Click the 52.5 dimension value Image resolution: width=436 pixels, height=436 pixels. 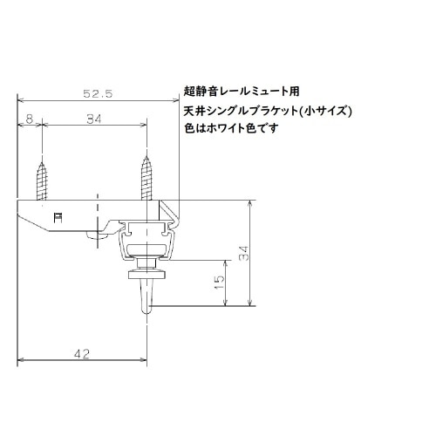(x=97, y=92)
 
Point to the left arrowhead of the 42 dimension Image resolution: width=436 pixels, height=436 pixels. (x=23, y=359)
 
